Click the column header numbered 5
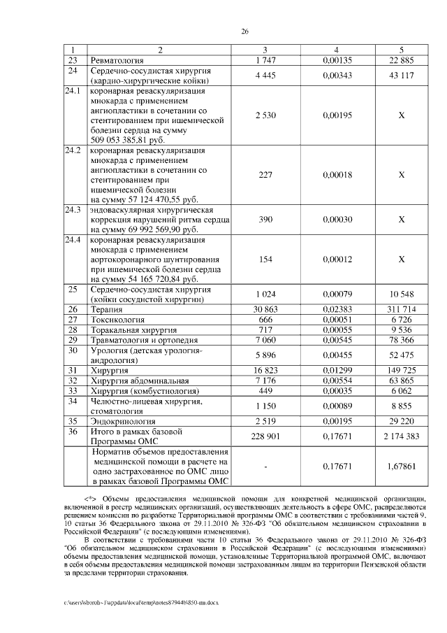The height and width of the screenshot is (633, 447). pos(401,50)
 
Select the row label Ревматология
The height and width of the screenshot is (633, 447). pos(119,60)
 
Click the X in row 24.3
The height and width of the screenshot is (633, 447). pos(401,220)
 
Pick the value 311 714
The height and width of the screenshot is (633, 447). pos(401,308)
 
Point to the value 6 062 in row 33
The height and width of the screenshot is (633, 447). pos(401,390)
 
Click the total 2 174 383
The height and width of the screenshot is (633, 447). pos(401,436)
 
